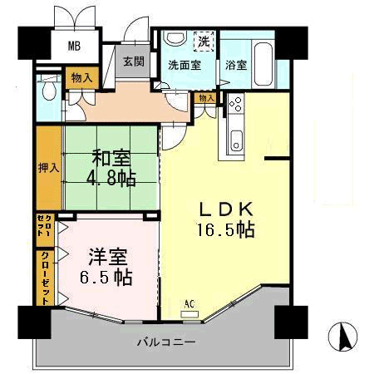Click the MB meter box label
74,46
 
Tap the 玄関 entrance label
134,62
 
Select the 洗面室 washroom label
185,66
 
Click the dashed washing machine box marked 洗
204,41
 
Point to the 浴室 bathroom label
236,66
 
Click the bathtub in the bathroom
263,64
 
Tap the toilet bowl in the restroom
49,89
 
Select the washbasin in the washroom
175,38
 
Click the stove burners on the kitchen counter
236,103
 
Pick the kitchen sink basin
236,140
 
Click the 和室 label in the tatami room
111,157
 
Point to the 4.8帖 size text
111,179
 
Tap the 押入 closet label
48,168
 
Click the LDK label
226,209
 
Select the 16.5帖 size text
225,230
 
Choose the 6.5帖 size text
106,278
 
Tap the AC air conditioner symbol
189,310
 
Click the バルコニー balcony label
166,342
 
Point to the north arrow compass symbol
342,337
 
